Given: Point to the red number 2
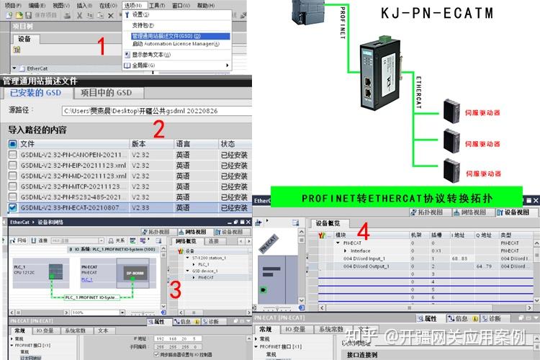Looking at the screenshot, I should click(159, 130).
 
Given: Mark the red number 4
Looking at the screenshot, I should click(364, 232).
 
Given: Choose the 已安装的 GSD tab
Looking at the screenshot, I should click(36, 93).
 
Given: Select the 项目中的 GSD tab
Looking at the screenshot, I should click(107, 93).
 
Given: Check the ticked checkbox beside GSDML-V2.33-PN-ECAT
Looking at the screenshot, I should click(13, 207).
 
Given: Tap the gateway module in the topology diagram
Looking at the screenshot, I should click(375, 74).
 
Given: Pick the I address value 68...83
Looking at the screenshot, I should click(459, 257).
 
